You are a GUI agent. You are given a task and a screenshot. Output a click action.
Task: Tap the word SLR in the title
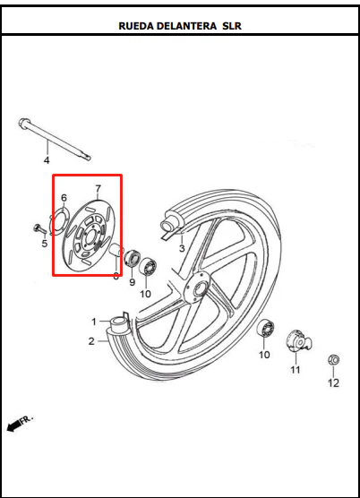tap(232, 26)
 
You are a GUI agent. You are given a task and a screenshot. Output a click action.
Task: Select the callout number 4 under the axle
tap(47, 160)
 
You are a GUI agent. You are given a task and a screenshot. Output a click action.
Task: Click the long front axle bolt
tap(55, 139)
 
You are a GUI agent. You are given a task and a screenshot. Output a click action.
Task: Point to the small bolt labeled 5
tap(39, 228)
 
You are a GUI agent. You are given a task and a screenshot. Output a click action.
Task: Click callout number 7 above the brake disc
tap(98, 189)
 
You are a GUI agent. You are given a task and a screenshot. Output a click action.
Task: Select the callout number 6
tap(64, 198)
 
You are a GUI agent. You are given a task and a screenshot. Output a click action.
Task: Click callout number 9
tap(132, 282)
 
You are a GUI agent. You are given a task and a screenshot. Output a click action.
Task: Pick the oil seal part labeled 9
tap(132, 258)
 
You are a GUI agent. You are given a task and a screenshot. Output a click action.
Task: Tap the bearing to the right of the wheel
tap(265, 328)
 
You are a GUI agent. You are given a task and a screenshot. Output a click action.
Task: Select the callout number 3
tap(182, 248)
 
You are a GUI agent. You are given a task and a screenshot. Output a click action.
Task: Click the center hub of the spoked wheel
tap(199, 288)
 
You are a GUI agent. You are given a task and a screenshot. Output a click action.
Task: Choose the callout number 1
tap(94, 322)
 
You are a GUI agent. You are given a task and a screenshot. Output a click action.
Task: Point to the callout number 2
tap(91, 341)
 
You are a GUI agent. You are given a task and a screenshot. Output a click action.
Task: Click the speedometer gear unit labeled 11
tap(298, 341)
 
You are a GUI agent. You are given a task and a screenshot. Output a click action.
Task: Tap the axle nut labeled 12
tap(333, 360)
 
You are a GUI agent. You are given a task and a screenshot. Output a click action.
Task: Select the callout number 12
tap(333, 383)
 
